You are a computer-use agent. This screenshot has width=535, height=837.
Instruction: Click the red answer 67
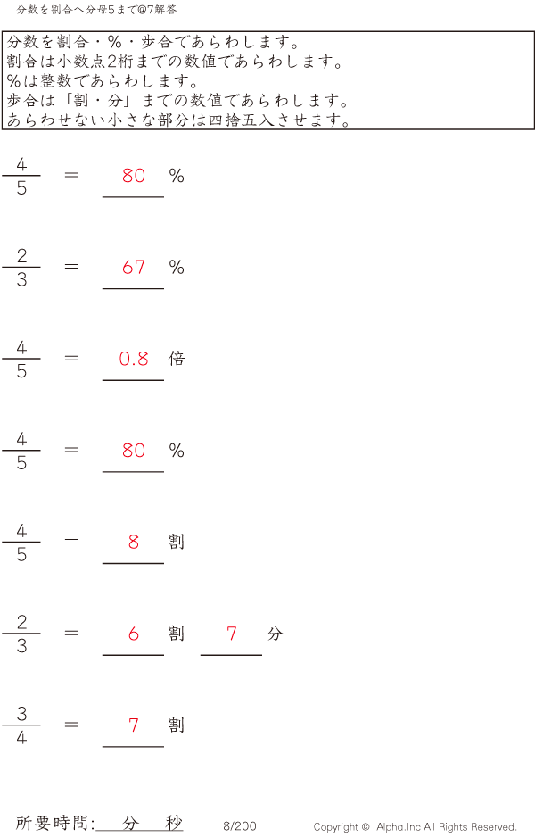(x=134, y=267)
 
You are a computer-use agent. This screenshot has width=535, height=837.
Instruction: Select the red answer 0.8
(x=134, y=359)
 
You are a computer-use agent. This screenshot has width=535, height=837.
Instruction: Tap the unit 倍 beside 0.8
(x=177, y=358)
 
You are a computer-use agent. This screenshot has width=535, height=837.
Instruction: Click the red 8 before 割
(x=134, y=542)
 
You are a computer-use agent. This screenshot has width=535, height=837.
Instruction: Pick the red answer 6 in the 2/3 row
(x=134, y=634)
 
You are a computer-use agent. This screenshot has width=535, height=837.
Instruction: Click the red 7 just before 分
(x=232, y=634)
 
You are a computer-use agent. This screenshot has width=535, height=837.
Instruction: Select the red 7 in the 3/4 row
(x=134, y=725)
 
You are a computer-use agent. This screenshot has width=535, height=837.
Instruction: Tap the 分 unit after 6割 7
(x=276, y=634)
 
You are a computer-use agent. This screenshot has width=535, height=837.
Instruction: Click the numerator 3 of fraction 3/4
(x=21, y=714)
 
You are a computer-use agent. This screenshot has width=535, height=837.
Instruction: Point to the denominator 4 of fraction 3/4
(x=21, y=738)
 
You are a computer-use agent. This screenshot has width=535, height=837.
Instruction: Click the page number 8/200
(x=240, y=826)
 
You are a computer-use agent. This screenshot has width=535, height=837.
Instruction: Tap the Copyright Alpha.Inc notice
(x=415, y=827)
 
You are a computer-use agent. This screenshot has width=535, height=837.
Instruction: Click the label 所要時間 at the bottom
(x=52, y=823)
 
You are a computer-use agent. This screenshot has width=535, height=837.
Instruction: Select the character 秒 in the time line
(x=174, y=823)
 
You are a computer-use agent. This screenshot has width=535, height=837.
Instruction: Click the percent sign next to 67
(x=177, y=267)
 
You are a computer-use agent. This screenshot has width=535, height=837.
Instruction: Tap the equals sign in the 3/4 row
(x=71, y=725)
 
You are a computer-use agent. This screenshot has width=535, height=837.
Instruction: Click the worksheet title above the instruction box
(x=96, y=10)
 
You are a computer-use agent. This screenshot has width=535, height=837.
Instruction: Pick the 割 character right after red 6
(x=177, y=634)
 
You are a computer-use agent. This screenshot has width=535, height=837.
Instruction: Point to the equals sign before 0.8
(x=71, y=358)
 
